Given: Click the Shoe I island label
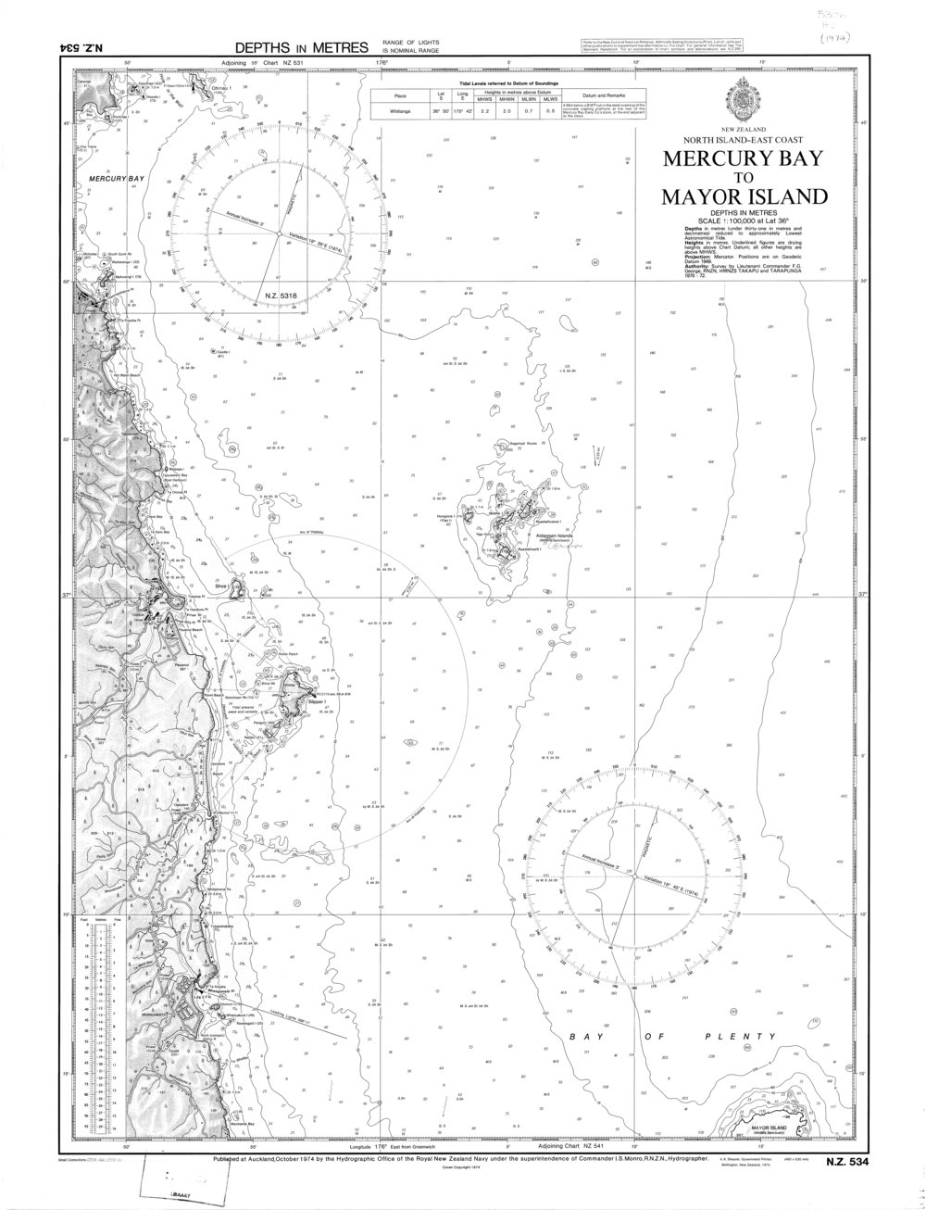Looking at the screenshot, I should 221,586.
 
